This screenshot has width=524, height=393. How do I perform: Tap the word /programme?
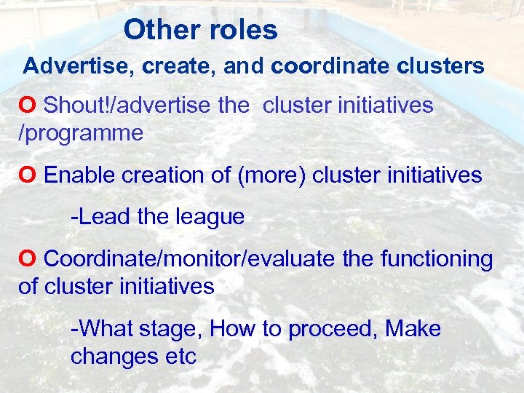pyautogui.click(x=81, y=133)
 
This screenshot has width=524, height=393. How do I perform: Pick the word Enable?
pyautogui.click(x=80, y=175)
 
